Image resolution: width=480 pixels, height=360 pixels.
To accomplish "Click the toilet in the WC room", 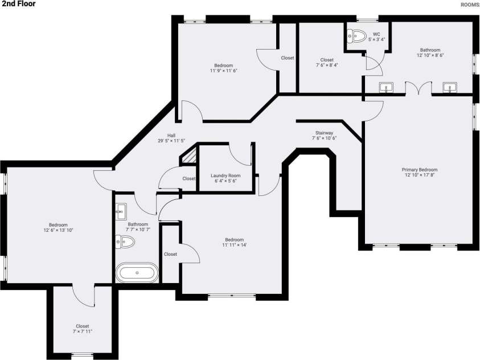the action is [x=357, y=36].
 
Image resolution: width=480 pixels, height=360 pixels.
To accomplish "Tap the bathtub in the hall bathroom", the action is [x=137, y=272].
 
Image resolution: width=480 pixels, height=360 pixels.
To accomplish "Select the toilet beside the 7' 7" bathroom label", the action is [x=125, y=242].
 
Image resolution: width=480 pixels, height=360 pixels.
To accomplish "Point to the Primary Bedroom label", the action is [x=420, y=170].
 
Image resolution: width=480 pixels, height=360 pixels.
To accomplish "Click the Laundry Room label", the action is [x=225, y=175].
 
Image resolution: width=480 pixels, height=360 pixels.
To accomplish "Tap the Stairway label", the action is [x=324, y=133].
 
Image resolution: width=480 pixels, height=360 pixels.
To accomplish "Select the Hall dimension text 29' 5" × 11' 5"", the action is [x=171, y=141].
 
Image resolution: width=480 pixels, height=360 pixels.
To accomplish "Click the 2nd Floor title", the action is [x=19, y=3].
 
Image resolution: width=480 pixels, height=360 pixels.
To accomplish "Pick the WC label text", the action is [x=376, y=34].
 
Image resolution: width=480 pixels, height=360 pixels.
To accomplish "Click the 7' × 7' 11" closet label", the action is [x=83, y=332].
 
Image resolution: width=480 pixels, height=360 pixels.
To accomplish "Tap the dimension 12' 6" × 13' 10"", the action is [x=58, y=230].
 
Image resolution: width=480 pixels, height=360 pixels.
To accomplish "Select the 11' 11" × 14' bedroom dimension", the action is [x=235, y=245].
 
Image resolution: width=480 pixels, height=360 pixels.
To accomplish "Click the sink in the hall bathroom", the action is [x=121, y=211].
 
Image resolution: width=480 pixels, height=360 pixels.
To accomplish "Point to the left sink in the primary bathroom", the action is [x=386, y=88].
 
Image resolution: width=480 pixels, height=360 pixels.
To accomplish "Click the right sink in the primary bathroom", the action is [x=450, y=88].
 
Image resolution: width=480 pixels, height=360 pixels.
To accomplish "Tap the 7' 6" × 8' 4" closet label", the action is [x=327, y=65].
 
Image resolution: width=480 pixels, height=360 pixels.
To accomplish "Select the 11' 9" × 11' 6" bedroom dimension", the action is [x=223, y=71].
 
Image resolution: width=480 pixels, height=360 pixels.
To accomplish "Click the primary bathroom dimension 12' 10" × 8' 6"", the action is [x=430, y=55].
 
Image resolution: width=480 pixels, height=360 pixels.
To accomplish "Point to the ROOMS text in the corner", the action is [x=470, y=5].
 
